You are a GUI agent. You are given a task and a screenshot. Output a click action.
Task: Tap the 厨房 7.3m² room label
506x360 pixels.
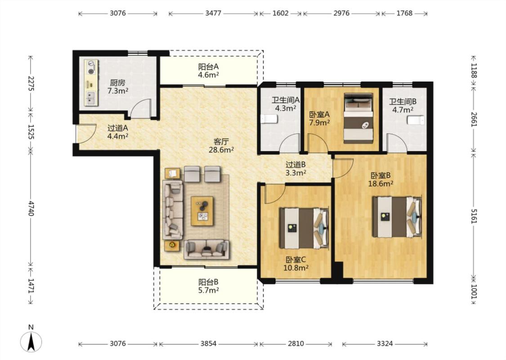click(x=118, y=87)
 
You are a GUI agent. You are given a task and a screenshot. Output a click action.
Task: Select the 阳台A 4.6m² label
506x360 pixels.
click(x=208, y=71)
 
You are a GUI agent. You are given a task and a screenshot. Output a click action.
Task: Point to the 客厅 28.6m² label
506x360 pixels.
click(x=221, y=146)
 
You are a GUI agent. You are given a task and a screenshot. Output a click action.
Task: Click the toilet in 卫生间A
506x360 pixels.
click(x=269, y=119)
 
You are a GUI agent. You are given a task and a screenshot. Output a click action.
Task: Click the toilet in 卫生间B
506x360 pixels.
click(x=416, y=120)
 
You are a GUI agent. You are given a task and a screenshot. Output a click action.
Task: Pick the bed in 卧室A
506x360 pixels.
click(x=358, y=118)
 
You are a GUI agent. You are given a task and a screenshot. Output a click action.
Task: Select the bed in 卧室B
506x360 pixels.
click(x=397, y=217)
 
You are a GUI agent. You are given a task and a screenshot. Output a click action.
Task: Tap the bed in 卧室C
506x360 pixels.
click(x=304, y=228)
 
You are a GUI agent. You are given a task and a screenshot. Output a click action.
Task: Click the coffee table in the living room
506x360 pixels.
click(x=202, y=211)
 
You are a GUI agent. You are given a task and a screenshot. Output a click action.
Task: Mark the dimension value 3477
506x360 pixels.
click(x=213, y=13)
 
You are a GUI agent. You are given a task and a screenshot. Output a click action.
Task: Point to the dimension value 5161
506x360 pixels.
click(x=474, y=216)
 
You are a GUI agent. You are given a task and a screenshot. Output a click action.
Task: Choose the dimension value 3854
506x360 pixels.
click(x=208, y=343)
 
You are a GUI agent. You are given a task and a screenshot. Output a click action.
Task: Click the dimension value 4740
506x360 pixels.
click(x=31, y=208)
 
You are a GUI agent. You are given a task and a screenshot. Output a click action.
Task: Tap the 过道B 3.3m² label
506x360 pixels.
click(x=296, y=169)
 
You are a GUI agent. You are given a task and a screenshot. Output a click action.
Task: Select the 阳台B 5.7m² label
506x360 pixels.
click(x=208, y=286)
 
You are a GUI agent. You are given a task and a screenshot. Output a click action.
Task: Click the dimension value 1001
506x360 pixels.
click(x=474, y=291)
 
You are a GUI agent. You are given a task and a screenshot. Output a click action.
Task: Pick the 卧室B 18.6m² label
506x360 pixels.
click(x=381, y=180)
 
